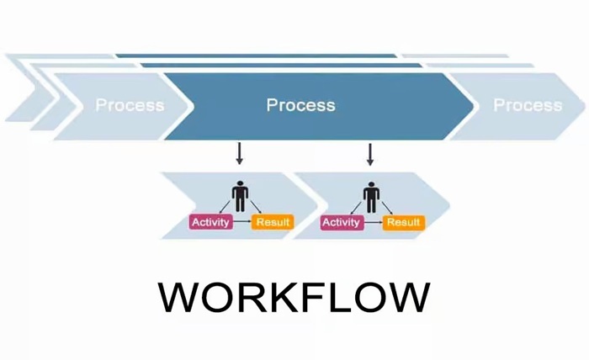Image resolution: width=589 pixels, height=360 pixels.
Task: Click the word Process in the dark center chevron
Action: (300, 105)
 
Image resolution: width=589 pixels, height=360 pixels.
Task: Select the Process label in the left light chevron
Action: (130, 105)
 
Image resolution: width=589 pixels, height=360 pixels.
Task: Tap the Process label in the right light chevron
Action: (528, 105)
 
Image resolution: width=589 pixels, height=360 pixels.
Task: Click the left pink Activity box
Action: (210, 222)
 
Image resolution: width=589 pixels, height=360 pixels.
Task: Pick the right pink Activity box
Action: (342, 222)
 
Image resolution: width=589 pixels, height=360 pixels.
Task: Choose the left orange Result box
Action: (273, 222)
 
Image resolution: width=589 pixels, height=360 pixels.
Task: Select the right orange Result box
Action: (404, 222)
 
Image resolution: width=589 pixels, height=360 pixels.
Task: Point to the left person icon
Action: (241, 196)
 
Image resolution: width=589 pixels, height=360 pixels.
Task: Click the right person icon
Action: (371, 196)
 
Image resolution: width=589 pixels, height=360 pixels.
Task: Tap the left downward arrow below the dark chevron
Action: (240, 154)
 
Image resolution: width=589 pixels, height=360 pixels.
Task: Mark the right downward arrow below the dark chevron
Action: (370, 154)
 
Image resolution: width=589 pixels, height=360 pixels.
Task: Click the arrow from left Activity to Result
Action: (242, 222)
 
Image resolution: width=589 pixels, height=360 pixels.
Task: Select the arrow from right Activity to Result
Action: (373, 222)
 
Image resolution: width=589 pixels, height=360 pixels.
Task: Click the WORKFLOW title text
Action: (294, 299)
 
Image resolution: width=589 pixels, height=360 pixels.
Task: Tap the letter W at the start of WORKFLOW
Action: (179, 299)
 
